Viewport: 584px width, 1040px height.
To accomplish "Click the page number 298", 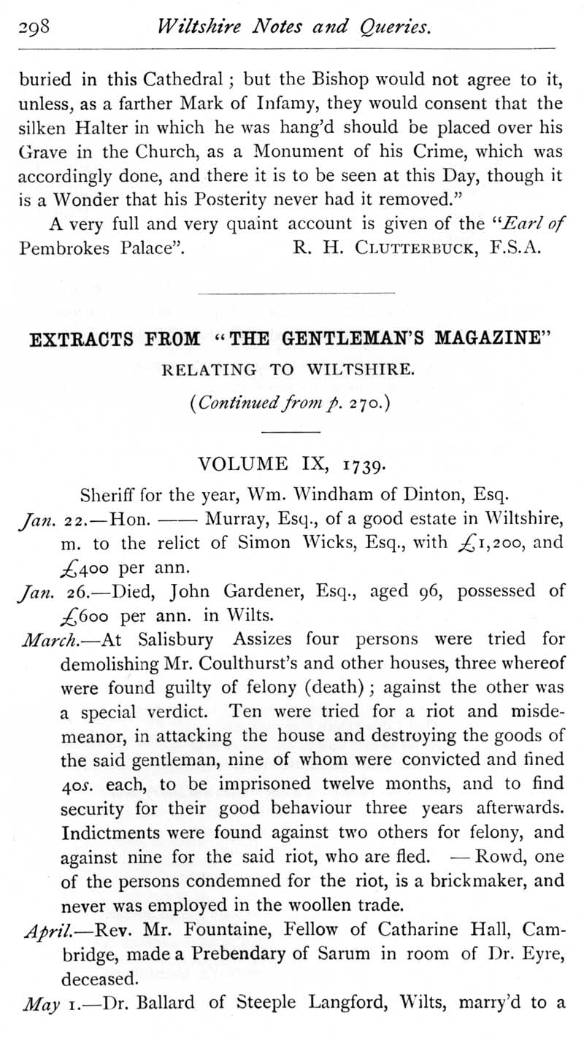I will point(34,28).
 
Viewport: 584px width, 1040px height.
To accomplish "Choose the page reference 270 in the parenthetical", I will point(359,401).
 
